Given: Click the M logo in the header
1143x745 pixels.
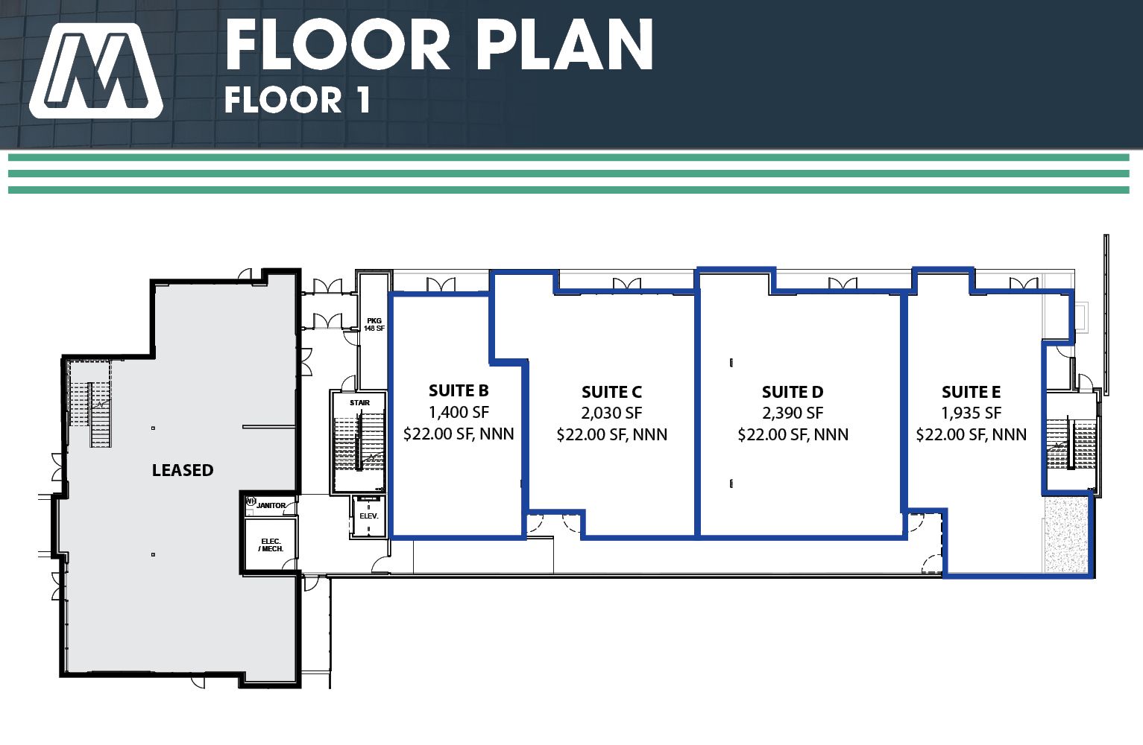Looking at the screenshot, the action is tap(96, 71).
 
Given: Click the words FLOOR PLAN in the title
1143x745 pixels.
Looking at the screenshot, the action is tap(439, 45).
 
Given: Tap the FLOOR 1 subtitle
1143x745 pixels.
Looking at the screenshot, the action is tap(297, 100).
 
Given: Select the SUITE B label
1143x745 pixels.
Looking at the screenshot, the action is tap(459, 390).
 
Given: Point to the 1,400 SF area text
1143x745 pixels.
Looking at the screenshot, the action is tap(459, 412).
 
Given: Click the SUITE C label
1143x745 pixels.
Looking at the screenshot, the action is tap(612, 392).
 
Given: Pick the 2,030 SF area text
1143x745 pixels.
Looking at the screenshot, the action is tap(612, 413).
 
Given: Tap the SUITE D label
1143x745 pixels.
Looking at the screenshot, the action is tap(793, 392).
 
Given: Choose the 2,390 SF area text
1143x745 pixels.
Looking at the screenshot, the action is tap(793, 413).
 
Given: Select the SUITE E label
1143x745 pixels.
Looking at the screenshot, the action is tap(971, 392).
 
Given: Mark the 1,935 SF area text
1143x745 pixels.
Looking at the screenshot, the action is tap(971, 413).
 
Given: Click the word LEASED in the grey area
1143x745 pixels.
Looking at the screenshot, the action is tap(183, 470).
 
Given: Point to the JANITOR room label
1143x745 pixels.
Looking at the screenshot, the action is tap(271, 505).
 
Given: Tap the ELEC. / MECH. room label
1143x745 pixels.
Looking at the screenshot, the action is tap(271, 545).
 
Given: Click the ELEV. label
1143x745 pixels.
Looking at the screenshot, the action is tap(369, 516).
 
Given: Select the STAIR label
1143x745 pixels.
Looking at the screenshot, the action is tap(359, 403).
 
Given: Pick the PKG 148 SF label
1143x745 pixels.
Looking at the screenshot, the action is tap(374, 325).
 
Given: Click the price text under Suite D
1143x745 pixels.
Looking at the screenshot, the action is tap(793, 434).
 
